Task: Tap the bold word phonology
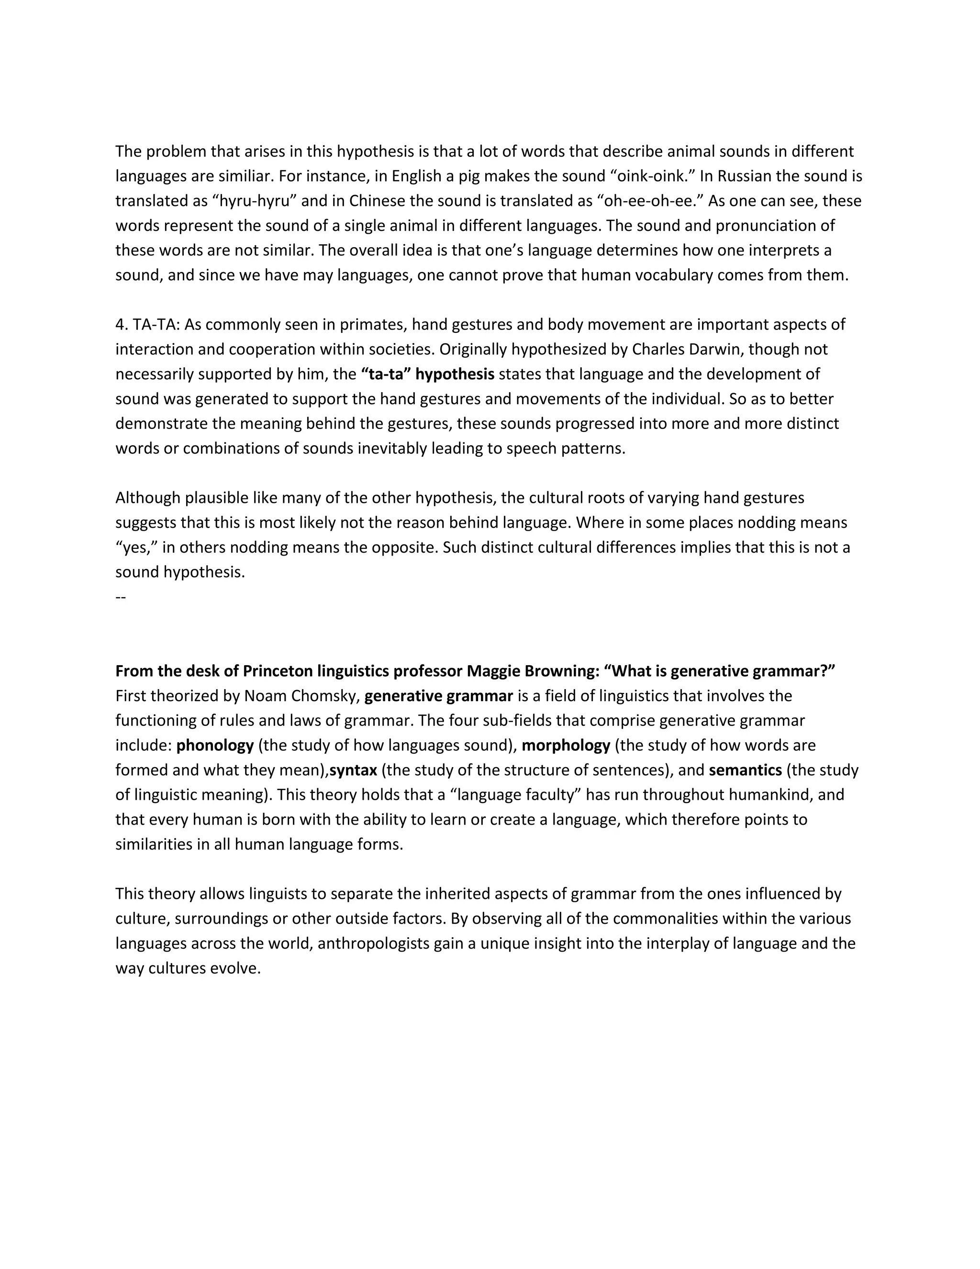(x=215, y=746)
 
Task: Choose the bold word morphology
(x=566, y=746)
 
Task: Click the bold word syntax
(x=353, y=770)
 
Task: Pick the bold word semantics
(x=745, y=770)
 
